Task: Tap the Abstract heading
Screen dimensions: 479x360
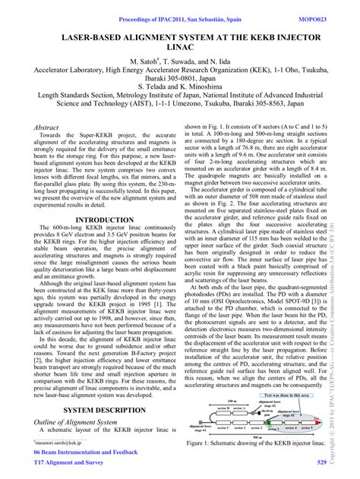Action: coord(47,130)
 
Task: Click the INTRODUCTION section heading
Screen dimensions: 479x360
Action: coord(99,219)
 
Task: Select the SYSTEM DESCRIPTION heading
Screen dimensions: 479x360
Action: coord(99,409)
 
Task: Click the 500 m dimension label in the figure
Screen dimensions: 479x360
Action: coord(259,436)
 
